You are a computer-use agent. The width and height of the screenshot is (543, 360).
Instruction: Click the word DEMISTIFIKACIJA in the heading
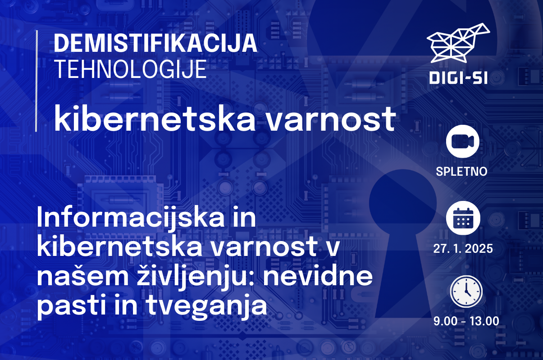(155, 43)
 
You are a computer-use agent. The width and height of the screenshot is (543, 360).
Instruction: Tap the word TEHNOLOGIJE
(131, 69)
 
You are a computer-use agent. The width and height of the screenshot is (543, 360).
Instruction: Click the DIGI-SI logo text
(458, 78)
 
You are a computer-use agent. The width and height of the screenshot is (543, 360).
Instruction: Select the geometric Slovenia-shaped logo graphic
(458, 43)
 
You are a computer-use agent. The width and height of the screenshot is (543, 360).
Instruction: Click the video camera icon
(463, 141)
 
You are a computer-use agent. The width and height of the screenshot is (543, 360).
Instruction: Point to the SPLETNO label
(461, 171)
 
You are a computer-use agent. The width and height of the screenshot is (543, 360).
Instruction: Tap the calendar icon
(463, 218)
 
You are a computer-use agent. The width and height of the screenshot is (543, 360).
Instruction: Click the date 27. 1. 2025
(463, 248)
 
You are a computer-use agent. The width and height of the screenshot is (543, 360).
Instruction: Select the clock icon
(466, 292)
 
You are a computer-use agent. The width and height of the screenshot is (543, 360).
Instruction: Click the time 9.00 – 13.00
(466, 321)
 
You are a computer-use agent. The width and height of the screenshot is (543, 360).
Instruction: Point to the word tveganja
(207, 307)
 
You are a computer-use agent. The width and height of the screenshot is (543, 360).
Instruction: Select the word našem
(82, 276)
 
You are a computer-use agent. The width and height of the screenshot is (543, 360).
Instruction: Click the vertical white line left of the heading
(36, 81)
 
